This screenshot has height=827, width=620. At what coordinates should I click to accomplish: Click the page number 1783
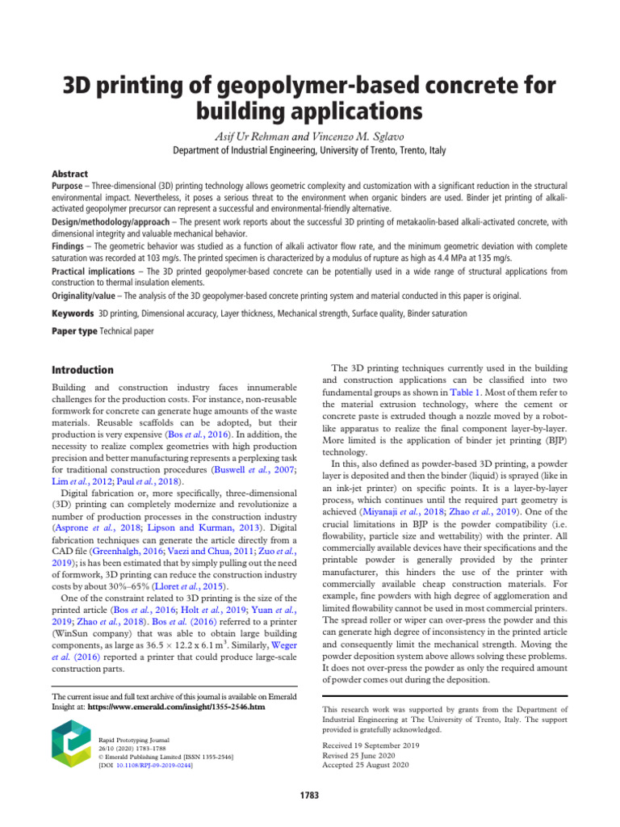point(309,796)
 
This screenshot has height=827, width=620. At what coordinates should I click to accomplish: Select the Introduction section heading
point(83,369)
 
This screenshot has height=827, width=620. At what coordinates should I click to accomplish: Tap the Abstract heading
point(69,174)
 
